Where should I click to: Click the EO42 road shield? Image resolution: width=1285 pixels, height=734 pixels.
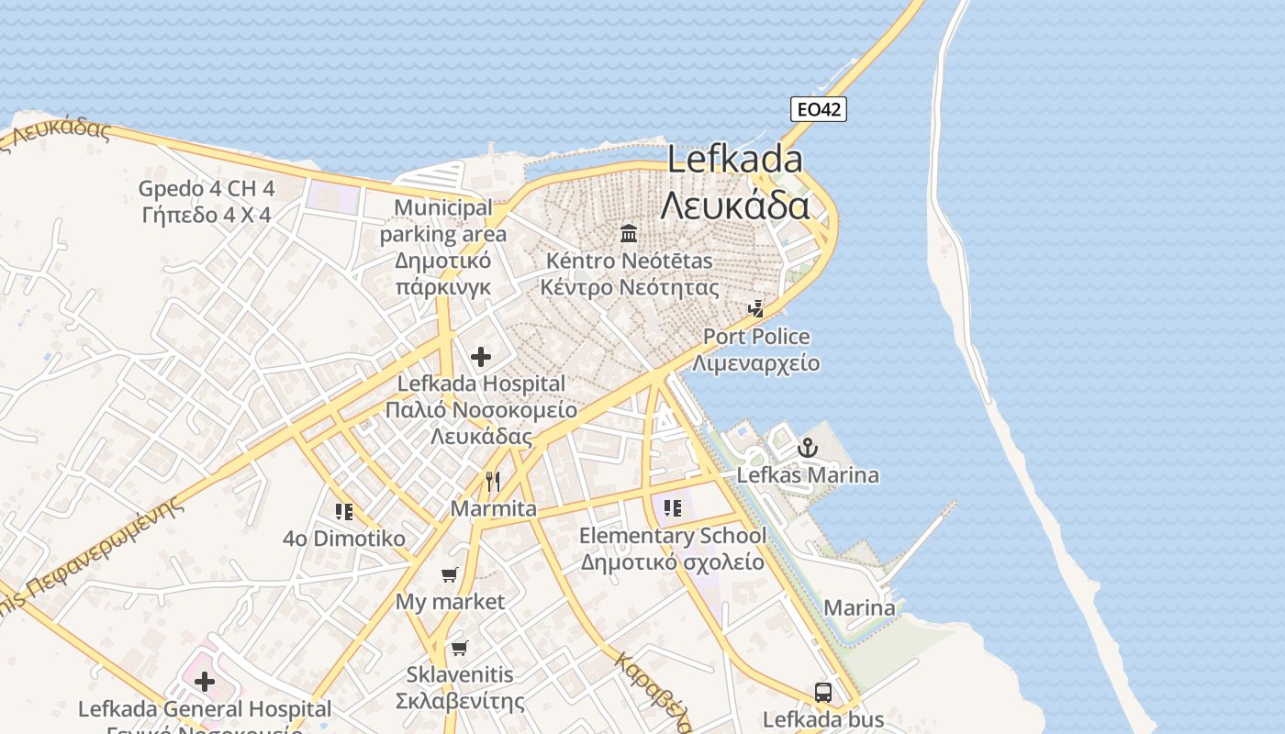[x=818, y=110]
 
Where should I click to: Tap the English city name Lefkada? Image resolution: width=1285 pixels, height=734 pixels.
[x=734, y=160]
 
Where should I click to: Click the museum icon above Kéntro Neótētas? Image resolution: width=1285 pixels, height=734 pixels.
[x=629, y=233]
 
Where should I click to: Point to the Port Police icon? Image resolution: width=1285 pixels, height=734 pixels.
[x=755, y=309]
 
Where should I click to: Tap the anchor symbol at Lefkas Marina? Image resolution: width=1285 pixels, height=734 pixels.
[x=807, y=448]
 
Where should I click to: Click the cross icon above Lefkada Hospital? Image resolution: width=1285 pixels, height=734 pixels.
[x=480, y=357]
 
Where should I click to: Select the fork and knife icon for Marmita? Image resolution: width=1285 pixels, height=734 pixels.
[x=493, y=481]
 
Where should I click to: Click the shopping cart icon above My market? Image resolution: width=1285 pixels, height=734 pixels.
[x=449, y=575]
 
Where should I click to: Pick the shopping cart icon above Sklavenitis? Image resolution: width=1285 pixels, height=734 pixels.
[x=460, y=648]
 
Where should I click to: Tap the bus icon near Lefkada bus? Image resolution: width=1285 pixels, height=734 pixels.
[x=823, y=693]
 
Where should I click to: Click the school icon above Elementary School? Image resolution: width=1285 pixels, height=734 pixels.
[x=673, y=507]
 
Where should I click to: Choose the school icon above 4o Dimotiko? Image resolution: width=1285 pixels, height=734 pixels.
[x=344, y=511]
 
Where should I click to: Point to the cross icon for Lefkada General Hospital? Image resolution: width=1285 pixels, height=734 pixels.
[x=205, y=682]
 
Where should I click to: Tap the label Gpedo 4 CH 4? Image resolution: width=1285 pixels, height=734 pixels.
[x=207, y=189]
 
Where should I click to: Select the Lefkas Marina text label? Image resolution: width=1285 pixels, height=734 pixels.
[x=808, y=475]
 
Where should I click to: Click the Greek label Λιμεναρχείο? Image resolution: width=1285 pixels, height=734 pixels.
[x=755, y=363]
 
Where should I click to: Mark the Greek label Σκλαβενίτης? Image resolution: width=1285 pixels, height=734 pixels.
[x=460, y=702]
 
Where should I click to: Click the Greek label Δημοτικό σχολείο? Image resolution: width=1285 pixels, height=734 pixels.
[x=672, y=562]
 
